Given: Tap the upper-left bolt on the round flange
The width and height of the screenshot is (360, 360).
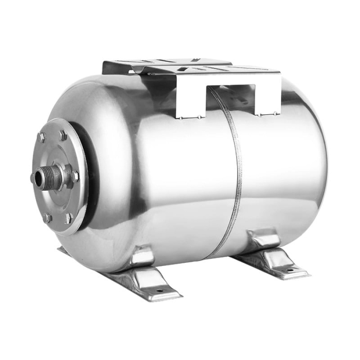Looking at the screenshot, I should pos(41,137).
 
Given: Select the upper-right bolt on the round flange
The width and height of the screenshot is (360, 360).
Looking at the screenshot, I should pos(63,136).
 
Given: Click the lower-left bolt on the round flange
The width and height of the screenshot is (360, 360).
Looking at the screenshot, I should pos(47,218).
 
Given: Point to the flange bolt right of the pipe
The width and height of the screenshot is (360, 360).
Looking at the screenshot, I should pos(76,176).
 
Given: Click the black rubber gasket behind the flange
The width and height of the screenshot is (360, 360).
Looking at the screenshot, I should pos(93,175).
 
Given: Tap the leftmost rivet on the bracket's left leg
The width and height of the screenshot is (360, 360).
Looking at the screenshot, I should pos(181,117).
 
